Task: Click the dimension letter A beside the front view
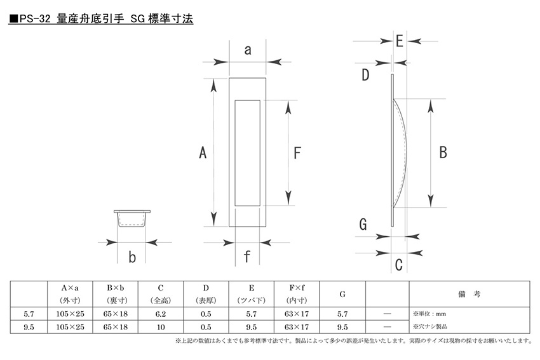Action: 203,152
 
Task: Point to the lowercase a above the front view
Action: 248,50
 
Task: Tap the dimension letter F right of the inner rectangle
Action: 297,153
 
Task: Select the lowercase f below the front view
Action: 247,257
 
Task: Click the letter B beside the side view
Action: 443,152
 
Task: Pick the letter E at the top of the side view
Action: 400,41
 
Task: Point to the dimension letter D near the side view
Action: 365,75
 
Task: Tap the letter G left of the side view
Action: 363,224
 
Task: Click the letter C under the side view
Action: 399,265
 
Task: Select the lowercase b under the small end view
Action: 132,257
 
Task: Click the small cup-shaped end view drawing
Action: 132,218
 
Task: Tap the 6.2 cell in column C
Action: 161,314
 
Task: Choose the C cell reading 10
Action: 161,327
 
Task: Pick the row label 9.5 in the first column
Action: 29,327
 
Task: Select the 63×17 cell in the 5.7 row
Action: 297,314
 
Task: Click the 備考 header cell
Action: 469,294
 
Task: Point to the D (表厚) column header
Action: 206,294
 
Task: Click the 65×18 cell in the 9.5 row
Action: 116,327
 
